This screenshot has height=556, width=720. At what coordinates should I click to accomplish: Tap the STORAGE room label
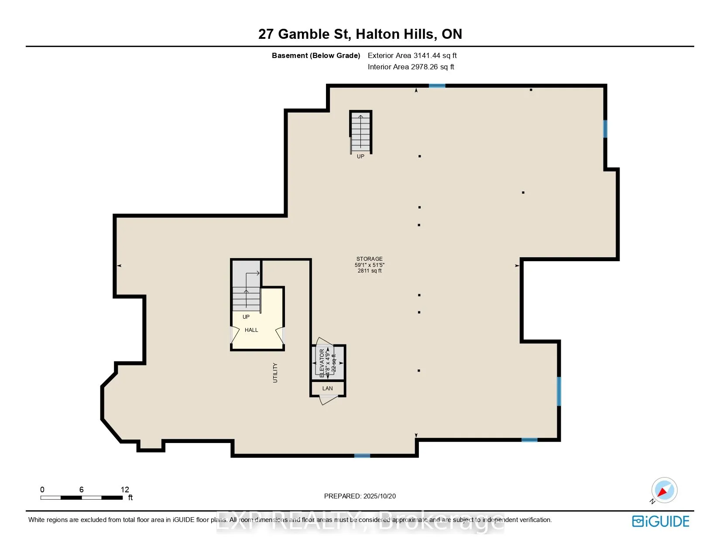point(369,259)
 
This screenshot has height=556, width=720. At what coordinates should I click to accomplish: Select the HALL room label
point(251,330)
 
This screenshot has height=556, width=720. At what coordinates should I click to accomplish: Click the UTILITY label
point(275,373)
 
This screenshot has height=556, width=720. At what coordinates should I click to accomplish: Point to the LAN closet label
point(328,389)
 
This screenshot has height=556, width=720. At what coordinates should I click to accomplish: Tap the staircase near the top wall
point(360,131)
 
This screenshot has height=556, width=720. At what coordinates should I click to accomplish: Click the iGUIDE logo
point(661,522)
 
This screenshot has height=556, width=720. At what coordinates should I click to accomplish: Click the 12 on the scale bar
point(125,490)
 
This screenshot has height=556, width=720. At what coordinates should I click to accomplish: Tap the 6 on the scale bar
point(82,490)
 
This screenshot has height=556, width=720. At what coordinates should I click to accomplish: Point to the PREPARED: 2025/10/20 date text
point(360,496)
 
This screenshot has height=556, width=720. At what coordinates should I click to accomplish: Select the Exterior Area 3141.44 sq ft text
point(412,55)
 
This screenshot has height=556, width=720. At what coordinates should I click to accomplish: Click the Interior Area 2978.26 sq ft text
point(411,67)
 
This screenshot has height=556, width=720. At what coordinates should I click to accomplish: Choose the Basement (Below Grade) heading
point(316,55)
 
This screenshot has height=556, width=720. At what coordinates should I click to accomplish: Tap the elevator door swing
point(324,342)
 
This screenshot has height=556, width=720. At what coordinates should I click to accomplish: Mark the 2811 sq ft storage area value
point(370,271)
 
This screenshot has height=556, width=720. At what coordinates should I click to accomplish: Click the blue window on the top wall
point(437,86)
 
